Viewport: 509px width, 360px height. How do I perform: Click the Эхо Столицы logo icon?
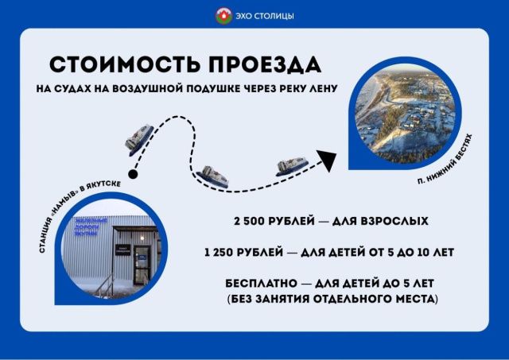click(224, 14)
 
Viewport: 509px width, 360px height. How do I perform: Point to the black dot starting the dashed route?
click(134, 174)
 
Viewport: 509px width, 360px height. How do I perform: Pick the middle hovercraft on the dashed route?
click(213, 176)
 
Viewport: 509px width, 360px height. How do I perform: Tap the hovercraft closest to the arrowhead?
click(292, 166)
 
